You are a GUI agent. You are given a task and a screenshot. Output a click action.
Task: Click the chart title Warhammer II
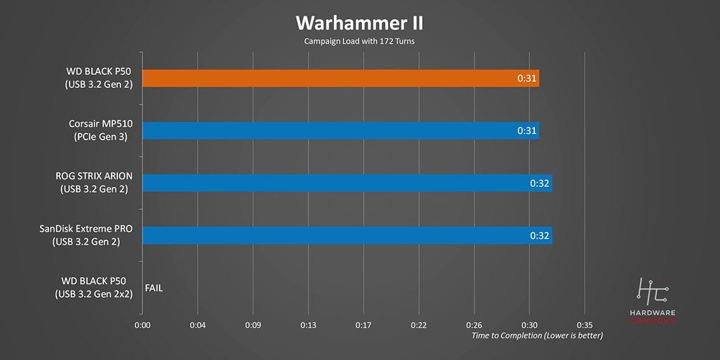[x=359, y=23]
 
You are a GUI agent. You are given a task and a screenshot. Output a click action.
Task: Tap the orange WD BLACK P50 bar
[x=340, y=78]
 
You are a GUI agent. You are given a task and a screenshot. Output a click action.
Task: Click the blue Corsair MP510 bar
[x=340, y=131]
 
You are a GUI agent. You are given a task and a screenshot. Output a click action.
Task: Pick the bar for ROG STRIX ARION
[x=347, y=183]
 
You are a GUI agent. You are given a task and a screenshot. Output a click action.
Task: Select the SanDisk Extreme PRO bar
[x=347, y=236]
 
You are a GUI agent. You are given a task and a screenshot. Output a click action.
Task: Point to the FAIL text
[x=154, y=288]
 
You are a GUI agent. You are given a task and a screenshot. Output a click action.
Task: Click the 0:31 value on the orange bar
[x=527, y=79]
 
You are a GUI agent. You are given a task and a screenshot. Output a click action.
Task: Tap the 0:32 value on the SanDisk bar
[x=540, y=236]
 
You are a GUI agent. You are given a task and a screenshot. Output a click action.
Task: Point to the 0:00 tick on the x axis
[x=143, y=325]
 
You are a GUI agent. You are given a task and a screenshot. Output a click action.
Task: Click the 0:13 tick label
[x=308, y=325]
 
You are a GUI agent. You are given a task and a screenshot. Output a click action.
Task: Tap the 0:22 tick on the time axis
[x=418, y=325]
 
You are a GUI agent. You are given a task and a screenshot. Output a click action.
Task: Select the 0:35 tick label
[x=584, y=325]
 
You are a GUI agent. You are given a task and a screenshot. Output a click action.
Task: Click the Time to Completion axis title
[x=537, y=335]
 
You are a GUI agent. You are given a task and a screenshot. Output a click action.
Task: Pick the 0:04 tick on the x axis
[x=198, y=325]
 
